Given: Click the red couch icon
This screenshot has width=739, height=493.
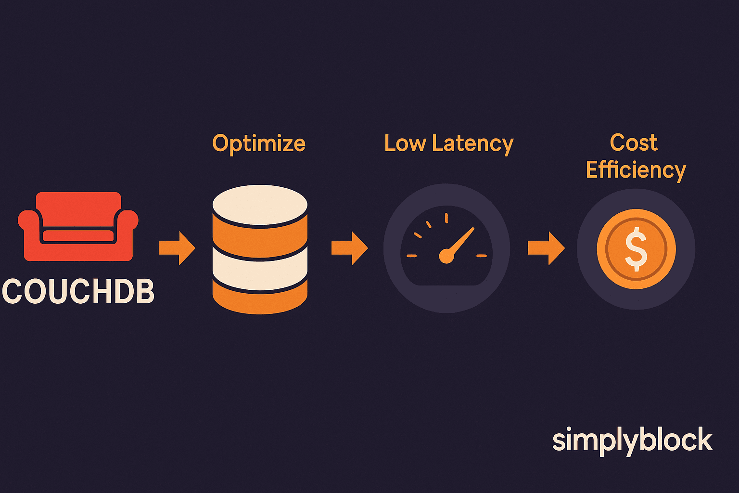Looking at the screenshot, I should pyautogui.click(x=78, y=226).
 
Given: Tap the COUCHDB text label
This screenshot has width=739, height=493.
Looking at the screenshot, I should pyautogui.click(x=78, y=292).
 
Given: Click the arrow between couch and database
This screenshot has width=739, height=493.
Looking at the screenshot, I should pyautogui.click(x=177, y=248).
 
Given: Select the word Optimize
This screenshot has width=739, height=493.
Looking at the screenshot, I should pyautogui.click(x=259, y=143).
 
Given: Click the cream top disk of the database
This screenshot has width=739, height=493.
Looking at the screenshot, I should pyautogui.click(x=260, y=204).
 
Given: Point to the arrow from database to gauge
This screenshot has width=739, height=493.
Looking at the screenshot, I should pyautogui.click(x=349, y=248).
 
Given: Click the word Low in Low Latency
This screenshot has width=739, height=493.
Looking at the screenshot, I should pyautogui.click(x=405, y=143).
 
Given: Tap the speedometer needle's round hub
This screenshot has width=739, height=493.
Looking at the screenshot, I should pyautogui.click(x=446, y=256).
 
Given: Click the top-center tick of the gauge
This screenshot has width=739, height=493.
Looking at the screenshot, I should pyautogui.click(x=446, y=218).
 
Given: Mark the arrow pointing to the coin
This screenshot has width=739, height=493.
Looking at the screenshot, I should pyautogui.click(x=546, y=248).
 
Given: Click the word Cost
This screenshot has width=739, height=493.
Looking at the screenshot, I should pyautogui.click(x=634, y=143).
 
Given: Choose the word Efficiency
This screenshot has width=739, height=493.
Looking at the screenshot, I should pyautogui.click(x=636, y=170).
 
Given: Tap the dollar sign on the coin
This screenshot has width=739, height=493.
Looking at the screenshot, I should pyautogui.click(x=636, y=249).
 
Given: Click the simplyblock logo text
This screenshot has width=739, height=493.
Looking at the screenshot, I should pyautogui.click(x=632, y=441).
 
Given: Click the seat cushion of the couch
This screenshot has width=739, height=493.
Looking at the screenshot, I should pyautogui.click(x=78, y=236).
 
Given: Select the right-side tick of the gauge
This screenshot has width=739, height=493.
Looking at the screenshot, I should pyautogui.click(x=482, y=256).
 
